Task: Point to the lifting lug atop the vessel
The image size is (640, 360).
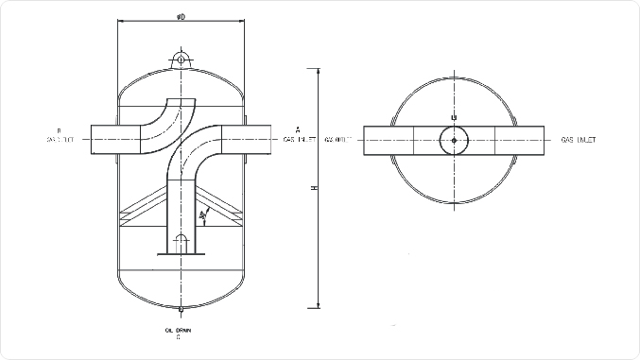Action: pyautogui.click(x=180, y=59)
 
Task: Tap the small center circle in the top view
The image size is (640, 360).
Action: pyautogui.click(x=454, y=141)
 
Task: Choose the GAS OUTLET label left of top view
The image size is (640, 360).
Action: pyautogui.click(x=338, y=140)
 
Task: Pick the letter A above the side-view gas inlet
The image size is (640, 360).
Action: pyautogui.click(x=297, y=129)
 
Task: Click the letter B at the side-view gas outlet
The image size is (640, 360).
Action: pyautogui.click(x=59, y=130)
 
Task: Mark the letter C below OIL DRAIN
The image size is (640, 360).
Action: pyautogui.click(x=180, y=337)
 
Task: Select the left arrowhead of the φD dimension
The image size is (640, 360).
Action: pyautogui.click(x=120, y=21)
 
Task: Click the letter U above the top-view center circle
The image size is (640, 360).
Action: pyautogui.click(x=454, y=117)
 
